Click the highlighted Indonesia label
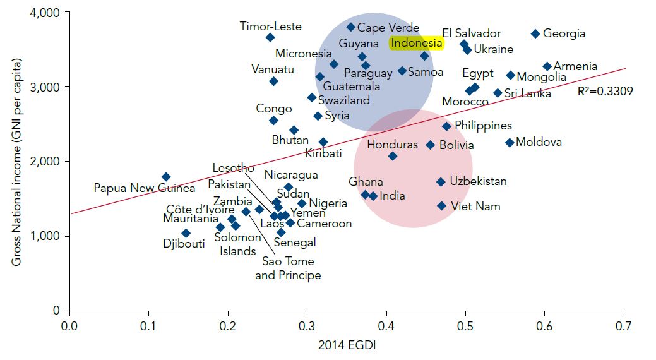(x=416, y=43)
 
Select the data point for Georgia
(x=535, y=33)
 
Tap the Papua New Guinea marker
(x=165, y=177)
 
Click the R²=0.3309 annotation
(x=605, y=91)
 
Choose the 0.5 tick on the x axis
(x=465, y=326)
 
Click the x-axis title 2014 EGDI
(x=346, y=345)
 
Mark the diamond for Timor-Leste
(x=270, y=38)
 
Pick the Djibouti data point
(x=186, y=233)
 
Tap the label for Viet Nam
(x=475, y=207)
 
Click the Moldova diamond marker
(x=510, y=143)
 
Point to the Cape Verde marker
(x=351, y=27)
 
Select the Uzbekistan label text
(x=478, y=181)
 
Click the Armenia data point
(x=547, y=66)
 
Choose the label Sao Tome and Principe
(x=288, y=268)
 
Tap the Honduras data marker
(x=393, y=156)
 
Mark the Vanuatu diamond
(x=273, y=81)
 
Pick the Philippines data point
(x=446, y=126)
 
